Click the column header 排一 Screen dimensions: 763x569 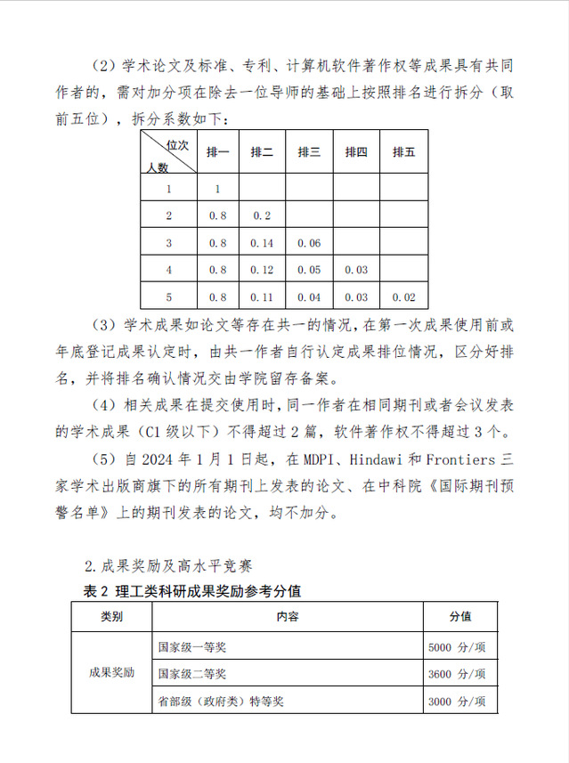point(218,152)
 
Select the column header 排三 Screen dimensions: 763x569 point(309,152)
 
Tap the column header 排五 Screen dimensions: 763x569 point(403,152)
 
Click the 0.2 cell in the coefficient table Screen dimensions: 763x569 point(262,215)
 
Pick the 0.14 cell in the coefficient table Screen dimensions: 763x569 point(262,243)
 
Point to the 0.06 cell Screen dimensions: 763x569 point(309,243)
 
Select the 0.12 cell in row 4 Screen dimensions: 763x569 point(262,270)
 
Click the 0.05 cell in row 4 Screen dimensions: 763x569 point(309,270)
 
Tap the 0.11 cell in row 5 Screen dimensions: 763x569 point(262,297)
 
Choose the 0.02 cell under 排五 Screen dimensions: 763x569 point(403,297)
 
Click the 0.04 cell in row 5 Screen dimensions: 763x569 point(309,297)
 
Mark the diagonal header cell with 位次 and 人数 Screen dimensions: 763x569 point(168,153)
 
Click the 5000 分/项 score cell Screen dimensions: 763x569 point(457,647)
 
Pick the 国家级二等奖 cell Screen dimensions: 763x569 point(192,674)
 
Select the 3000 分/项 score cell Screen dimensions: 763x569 point(457,702)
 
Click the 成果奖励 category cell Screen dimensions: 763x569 point(111,673)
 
